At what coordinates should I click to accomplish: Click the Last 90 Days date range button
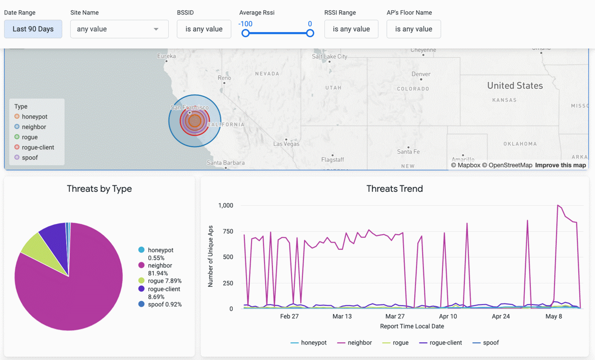33,29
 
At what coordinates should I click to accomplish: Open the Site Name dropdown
119,29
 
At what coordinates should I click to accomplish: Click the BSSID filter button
204,29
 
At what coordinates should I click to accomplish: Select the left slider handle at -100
245,33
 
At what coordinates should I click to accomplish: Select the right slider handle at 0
310,33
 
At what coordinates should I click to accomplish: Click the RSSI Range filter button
351,29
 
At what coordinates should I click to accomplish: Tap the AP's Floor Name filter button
413,29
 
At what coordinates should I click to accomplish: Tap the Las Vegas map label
286,144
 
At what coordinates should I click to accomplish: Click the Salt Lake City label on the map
330,56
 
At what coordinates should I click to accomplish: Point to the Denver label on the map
421,74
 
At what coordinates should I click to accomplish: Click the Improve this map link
560,165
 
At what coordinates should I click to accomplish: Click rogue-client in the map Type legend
38,147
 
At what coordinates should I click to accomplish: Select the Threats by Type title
99,189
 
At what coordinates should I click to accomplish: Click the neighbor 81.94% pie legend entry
159,269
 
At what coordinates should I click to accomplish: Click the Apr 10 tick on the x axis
448,316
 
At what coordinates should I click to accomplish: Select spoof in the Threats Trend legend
490,342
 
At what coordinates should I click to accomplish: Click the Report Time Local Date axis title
411,326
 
